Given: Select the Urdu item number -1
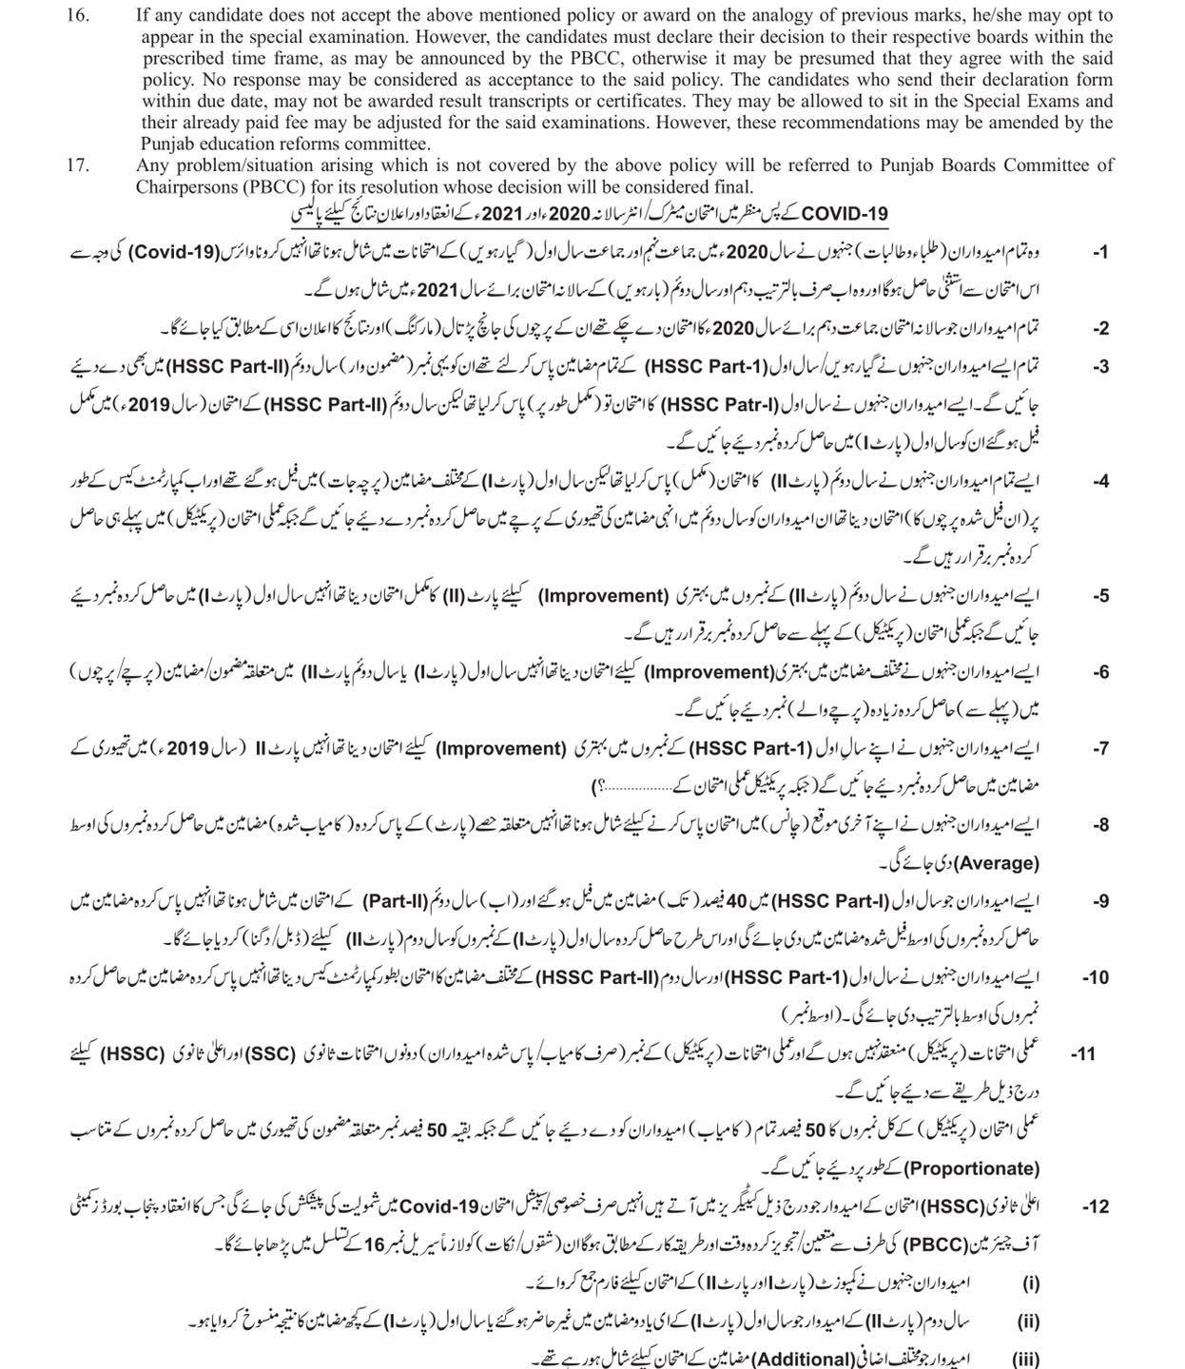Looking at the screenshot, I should [1100, 253].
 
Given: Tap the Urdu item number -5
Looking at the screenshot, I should [1100, 597].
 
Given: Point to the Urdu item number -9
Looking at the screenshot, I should [1100, 900].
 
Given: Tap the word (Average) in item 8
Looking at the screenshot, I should [995, 863].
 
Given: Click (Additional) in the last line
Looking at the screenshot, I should [793, 1359].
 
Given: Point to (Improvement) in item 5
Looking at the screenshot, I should [604, 597].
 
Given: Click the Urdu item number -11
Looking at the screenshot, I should [1083, 1054].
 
